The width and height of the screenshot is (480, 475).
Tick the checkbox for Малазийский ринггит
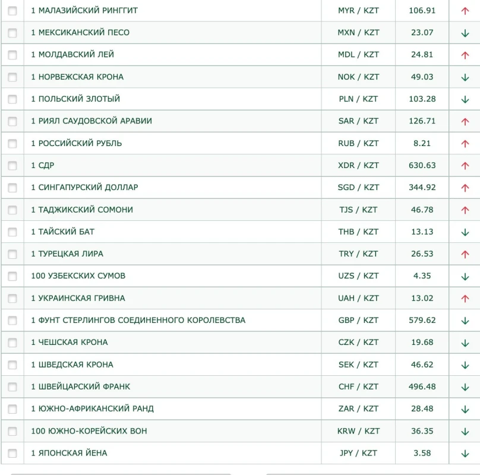pos(12,11)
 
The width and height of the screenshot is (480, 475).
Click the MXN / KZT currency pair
pos(358,33)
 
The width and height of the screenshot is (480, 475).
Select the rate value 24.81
pos(422,55)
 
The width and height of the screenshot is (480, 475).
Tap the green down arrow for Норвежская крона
pos(465,77)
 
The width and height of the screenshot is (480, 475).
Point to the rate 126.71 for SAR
pos(422,121)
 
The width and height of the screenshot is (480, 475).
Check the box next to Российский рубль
pos(12,144)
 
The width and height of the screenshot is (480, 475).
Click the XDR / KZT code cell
pos(358,166)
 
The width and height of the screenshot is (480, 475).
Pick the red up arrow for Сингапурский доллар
pos(465,188)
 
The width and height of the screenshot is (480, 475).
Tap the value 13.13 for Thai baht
pos(422,232)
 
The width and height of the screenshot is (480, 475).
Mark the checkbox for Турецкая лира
pos(12,254)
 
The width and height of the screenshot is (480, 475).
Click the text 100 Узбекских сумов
pos(78,276)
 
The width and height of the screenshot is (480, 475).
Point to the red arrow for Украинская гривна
pos(465,299)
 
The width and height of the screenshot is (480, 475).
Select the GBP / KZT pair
pos(358,321)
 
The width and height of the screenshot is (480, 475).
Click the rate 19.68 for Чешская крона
pos(422,343)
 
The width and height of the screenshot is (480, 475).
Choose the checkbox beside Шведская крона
pos(12,365)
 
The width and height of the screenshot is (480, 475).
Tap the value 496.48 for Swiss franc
pos(422,387)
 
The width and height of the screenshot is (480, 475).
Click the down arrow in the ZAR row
pos(465,409)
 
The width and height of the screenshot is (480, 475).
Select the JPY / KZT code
pos(358,453)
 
